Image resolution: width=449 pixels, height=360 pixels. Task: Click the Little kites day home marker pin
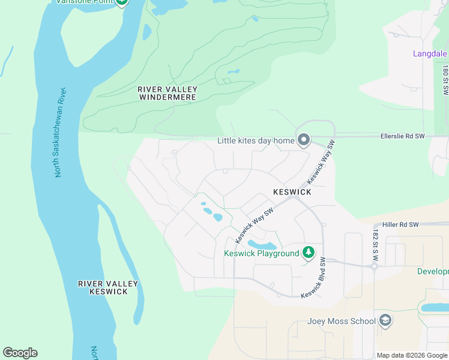point(304,140)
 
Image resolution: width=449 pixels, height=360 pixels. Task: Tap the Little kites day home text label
point(256,141)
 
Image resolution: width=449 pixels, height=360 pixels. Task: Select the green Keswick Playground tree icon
point(309,253)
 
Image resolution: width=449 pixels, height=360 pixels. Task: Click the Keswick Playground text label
point(261,253)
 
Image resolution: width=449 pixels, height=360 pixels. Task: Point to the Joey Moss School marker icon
point(385,321)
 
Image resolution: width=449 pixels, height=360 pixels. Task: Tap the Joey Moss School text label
point(341,321)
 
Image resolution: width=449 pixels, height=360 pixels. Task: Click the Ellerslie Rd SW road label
point(402,136)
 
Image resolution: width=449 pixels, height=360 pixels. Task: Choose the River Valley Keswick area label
point(108,287)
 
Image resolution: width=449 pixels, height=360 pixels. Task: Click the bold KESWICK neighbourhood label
point(292,192)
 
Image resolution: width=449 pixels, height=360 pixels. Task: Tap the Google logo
point(20,353)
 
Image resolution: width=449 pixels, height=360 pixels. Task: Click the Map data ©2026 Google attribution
point(411,355)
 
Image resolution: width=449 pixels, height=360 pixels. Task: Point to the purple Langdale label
point(430,53)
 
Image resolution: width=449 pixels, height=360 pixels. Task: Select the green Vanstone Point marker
point(122,2)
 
